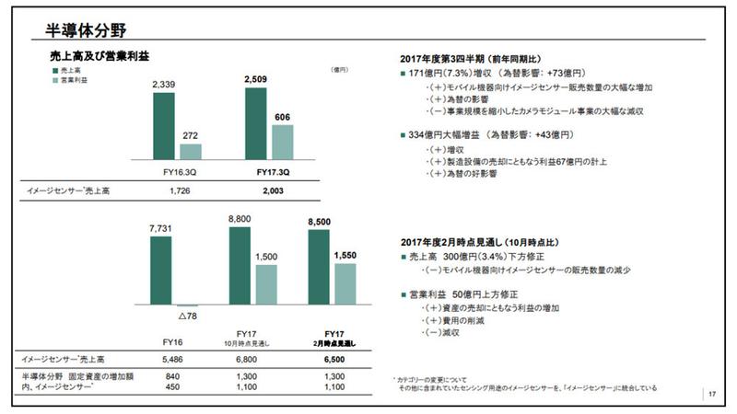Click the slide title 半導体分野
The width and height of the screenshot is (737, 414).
86,30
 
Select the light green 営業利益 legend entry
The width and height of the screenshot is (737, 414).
71,81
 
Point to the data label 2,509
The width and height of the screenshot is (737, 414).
257,80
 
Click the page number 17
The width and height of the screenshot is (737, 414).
711,395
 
